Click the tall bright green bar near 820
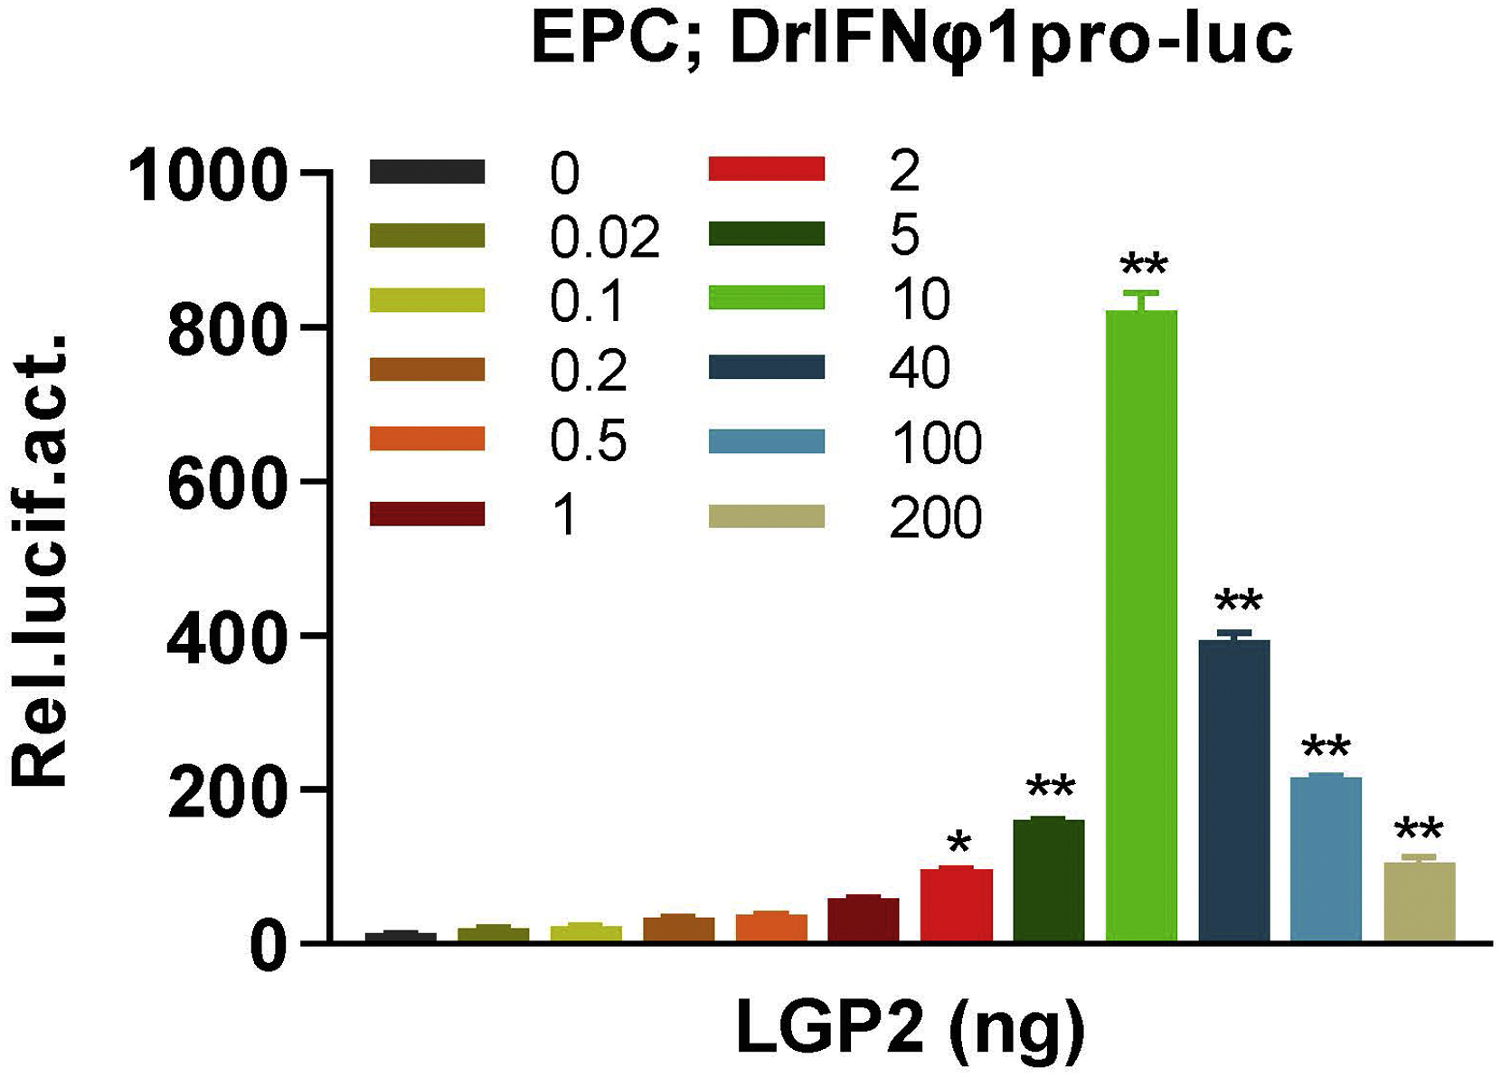[1142, 624]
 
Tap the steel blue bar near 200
[1326, 859]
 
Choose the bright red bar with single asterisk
[957, 904]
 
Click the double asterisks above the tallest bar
[1143, 268]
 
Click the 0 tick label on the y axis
[269, 949]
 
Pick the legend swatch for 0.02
[427, 236]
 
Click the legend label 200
[935, 518]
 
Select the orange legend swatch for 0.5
[427, 439]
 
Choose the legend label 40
[920, 368]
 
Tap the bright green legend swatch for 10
[766, 298]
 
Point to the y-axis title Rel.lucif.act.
[41, 561]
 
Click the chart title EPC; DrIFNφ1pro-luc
[911, 41]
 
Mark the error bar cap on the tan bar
[1419, 855]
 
